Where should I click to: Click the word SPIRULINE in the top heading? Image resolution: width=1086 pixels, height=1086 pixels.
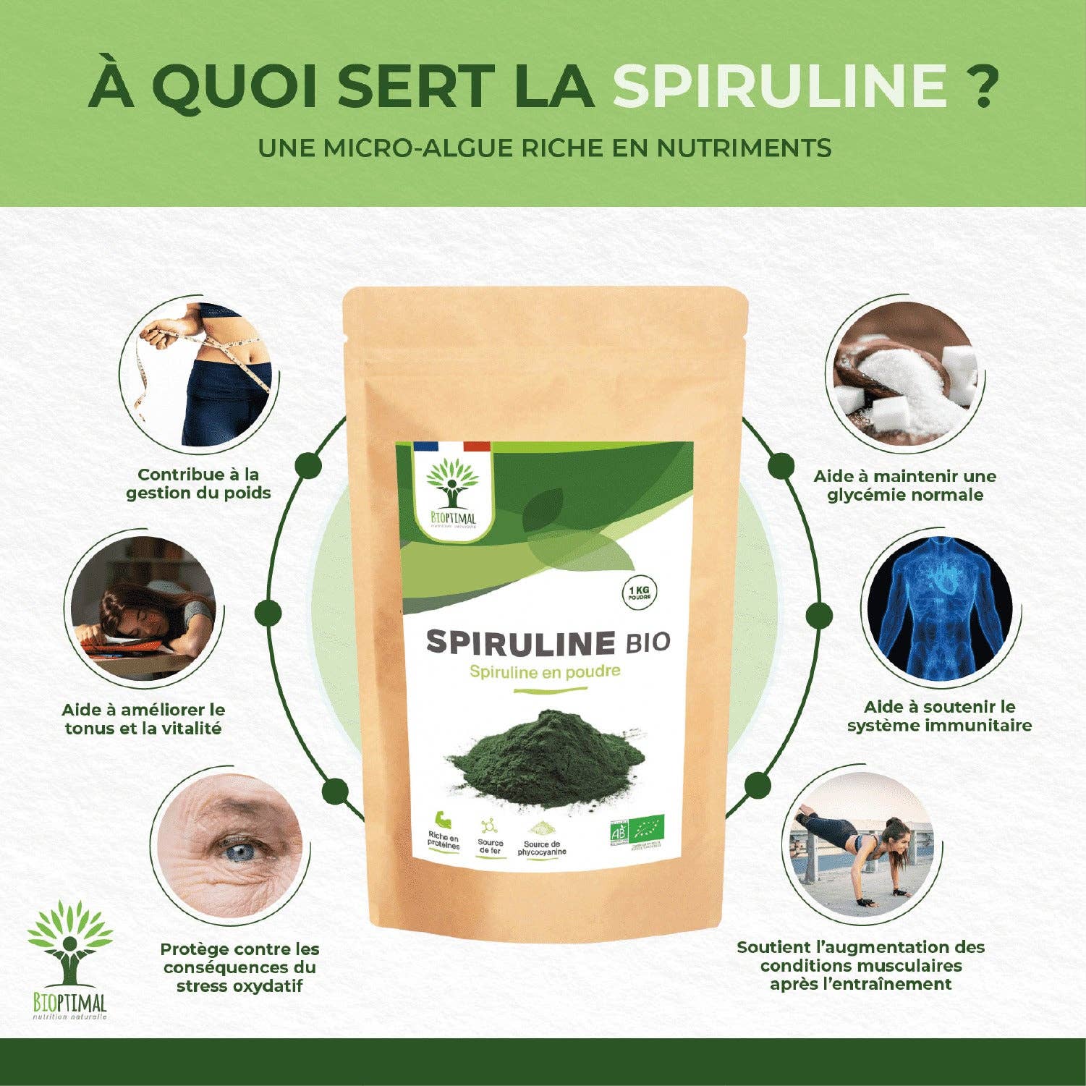[x=780, y=85]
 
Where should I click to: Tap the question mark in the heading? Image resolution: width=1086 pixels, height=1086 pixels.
[x=983, y=85]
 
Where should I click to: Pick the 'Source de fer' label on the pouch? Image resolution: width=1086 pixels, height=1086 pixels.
[x=491, y=847]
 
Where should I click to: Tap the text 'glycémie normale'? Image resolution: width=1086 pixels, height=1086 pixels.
[x=904, y=496]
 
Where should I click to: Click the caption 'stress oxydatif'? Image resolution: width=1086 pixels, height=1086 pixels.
[x=239, y=986]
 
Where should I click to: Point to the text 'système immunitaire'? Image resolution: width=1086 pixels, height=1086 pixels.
[x=939, y=726]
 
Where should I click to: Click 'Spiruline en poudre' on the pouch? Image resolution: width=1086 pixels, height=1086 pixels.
[x=545, y=671]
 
